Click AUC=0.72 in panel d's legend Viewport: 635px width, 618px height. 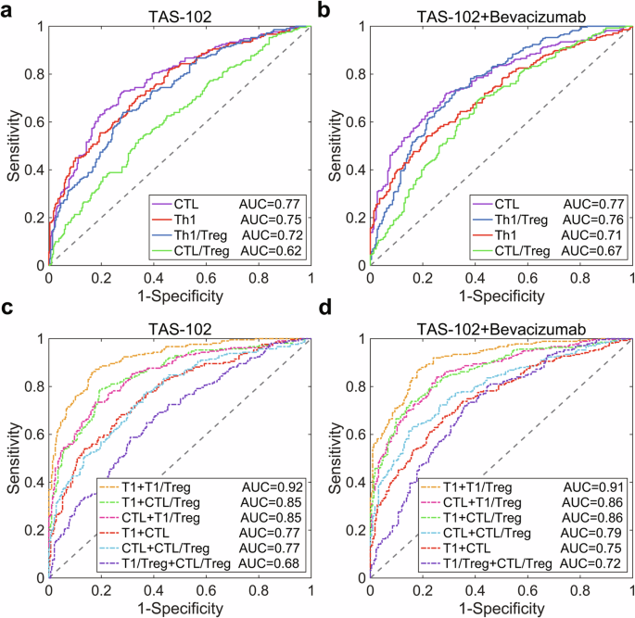[x=588, y=562]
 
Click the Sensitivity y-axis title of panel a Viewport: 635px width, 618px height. [x=10, y=145]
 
